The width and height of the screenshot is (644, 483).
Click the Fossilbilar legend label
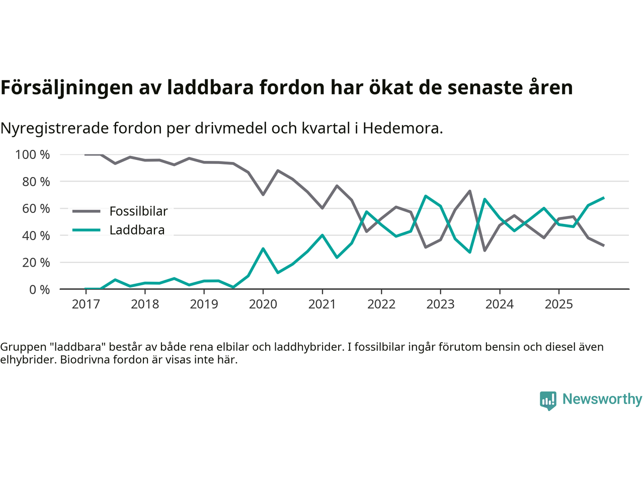tap(138, 211)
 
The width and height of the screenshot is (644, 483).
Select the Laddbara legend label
tap(137, 230)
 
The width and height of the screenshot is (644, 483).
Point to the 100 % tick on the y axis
tap(33, 154)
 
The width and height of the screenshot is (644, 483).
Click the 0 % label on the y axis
tap(39, 289)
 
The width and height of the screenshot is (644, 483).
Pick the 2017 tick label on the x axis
tap(86, 304)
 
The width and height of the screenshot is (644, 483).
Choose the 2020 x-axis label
tap(263, 304)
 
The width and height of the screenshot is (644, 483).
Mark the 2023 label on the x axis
tap(440, 304)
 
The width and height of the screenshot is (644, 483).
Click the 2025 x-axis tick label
tap(559, 304)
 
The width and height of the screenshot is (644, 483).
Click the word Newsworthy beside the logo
tap(602, 399)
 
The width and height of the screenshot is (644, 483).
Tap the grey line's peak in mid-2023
tap(470, 191)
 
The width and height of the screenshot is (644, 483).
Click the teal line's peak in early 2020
tap(263, 249)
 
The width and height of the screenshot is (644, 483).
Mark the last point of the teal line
tap(603, 198)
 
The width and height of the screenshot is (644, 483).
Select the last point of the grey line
tap(603, 245)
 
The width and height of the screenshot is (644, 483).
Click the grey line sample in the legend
tap(86, 211)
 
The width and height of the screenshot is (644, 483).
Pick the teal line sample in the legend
tap(86, 230)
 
